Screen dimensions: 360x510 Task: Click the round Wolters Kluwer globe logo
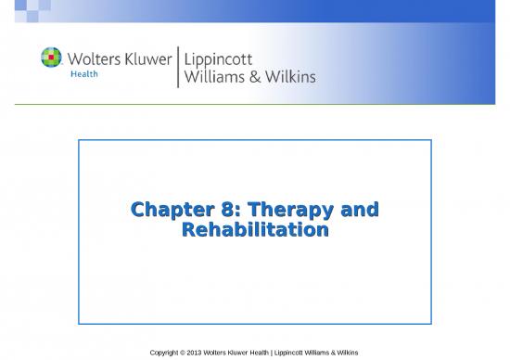tap(52, 58)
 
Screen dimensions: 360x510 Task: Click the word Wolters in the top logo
tap(91, 58)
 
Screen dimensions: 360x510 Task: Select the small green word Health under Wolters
tap(85, 76)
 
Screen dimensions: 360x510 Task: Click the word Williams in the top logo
tap(216, 77)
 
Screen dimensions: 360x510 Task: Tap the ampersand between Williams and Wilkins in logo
tap(256, 77)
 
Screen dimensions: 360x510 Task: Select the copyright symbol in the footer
tap(188, 353)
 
